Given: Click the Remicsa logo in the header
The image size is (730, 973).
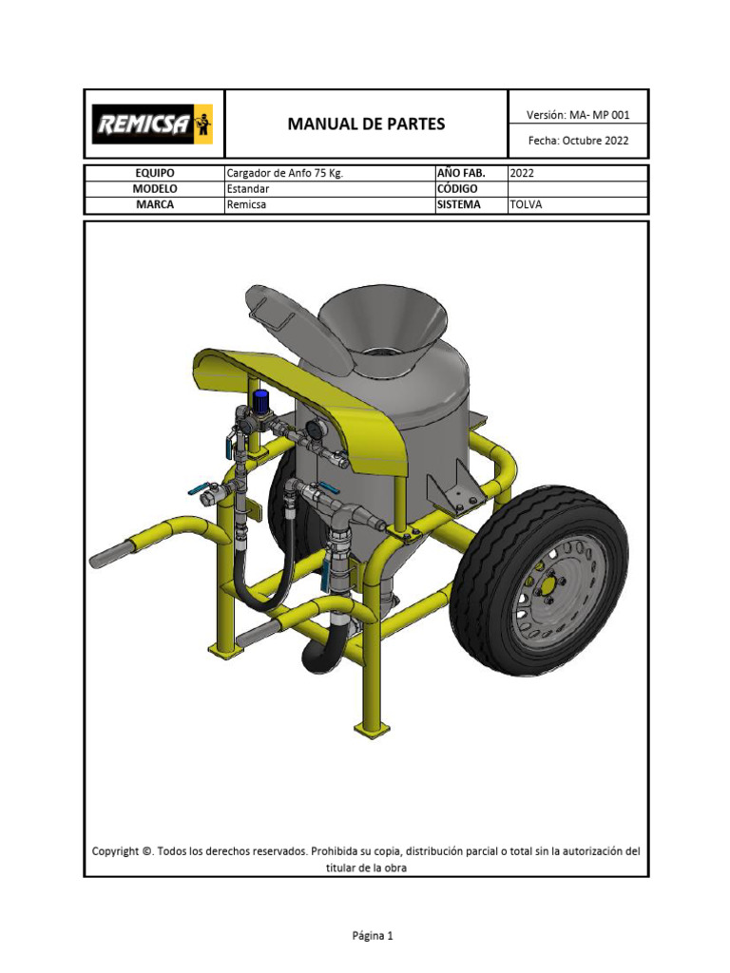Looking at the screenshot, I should pyautogui.click(x=152, y=124).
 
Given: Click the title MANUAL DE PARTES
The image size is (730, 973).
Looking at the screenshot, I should pyautogui.click(x=366, y=124).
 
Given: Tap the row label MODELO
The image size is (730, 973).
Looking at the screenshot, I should pyautogui.click(x=155, y=189).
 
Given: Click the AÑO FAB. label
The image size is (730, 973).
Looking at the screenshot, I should pyautogui.click(x=461, y=174).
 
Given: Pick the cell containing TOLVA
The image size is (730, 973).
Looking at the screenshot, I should pyautogui.click(x=527, y=204).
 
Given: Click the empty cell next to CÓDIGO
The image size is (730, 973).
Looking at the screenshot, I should pyautogui.click(x=578, y=189).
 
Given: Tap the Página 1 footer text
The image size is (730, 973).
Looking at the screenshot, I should pyautogui.click(x=373, y=935).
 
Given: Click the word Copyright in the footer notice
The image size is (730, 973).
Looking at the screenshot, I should pyautogui.click(x=115, y=851).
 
